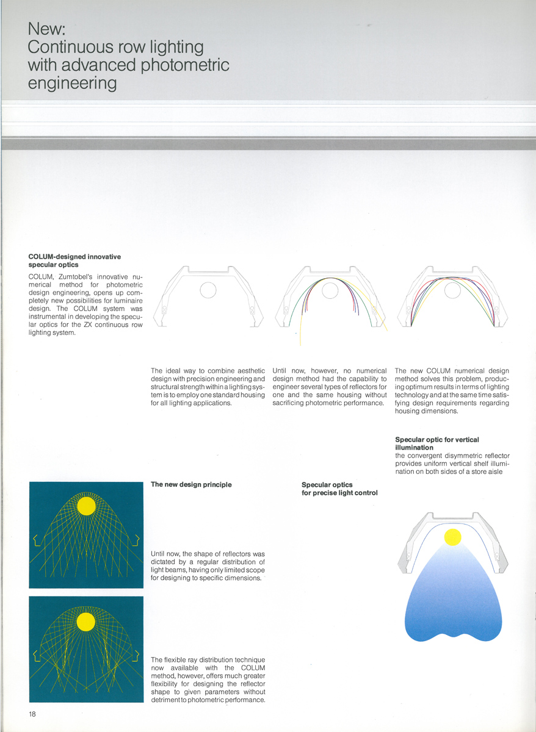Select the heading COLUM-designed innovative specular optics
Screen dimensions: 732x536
[74, 260]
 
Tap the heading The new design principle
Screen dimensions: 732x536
[191, 484]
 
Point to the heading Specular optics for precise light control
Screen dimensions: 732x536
[339, 489]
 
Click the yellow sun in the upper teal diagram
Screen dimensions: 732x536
[87, 506]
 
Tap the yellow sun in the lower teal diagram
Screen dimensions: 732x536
[86, 622]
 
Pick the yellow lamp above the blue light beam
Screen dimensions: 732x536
[452, 537]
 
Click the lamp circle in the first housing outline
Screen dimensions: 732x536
[208, 290]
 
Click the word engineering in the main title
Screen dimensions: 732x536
[73, 82]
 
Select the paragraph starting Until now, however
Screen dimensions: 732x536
[330, 387]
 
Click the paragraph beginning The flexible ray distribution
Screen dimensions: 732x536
[208, 680]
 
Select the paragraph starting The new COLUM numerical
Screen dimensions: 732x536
[452, 391]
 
